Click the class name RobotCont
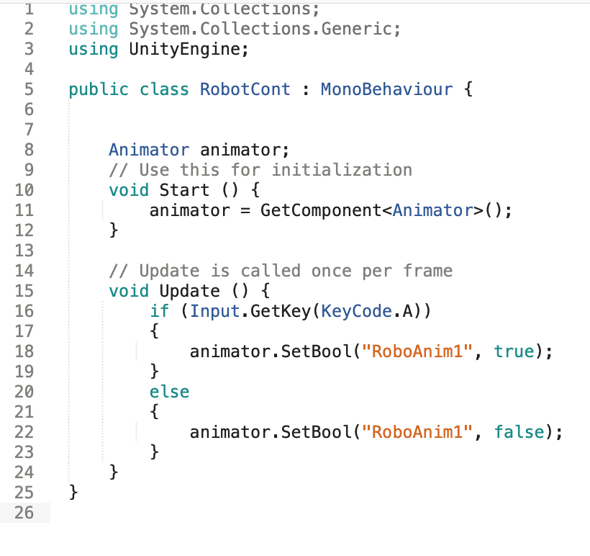(x=245, y=90)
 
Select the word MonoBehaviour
(x=386, y=90)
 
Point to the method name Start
(x=184, y=191)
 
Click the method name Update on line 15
(x=189, y=292)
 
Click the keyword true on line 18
(x=514, y=352)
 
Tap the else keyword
(x=169, y=393)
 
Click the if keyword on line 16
(x=159, y=312)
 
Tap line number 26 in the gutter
(x=24, y=514)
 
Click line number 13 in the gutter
(x=24, y=251)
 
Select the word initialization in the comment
(x=342, y=171)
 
